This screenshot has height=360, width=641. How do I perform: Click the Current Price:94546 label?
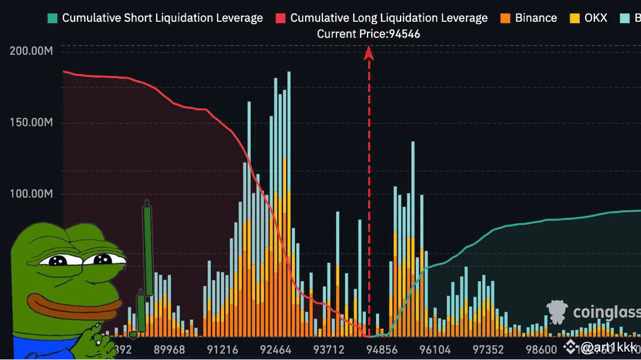point(368,34)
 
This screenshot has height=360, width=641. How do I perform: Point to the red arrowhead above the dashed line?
point(369,53)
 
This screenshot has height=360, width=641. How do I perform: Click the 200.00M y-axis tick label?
point(31,51)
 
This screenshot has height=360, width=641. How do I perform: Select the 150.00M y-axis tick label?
point(31,123)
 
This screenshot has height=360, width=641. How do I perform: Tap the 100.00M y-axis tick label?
point(31,194)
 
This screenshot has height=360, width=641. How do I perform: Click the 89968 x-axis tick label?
point(169,350)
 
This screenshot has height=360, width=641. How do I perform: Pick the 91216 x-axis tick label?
point(223,350)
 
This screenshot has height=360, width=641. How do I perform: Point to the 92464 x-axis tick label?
point(276,350)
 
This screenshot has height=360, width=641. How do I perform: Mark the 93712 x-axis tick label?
point(329,350)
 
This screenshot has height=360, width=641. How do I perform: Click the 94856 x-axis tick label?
point(382,350)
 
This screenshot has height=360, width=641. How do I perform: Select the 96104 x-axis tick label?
point(435,350)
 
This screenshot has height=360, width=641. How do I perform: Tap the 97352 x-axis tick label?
point(488,350)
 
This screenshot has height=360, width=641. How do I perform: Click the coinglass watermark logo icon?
point(557,311)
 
